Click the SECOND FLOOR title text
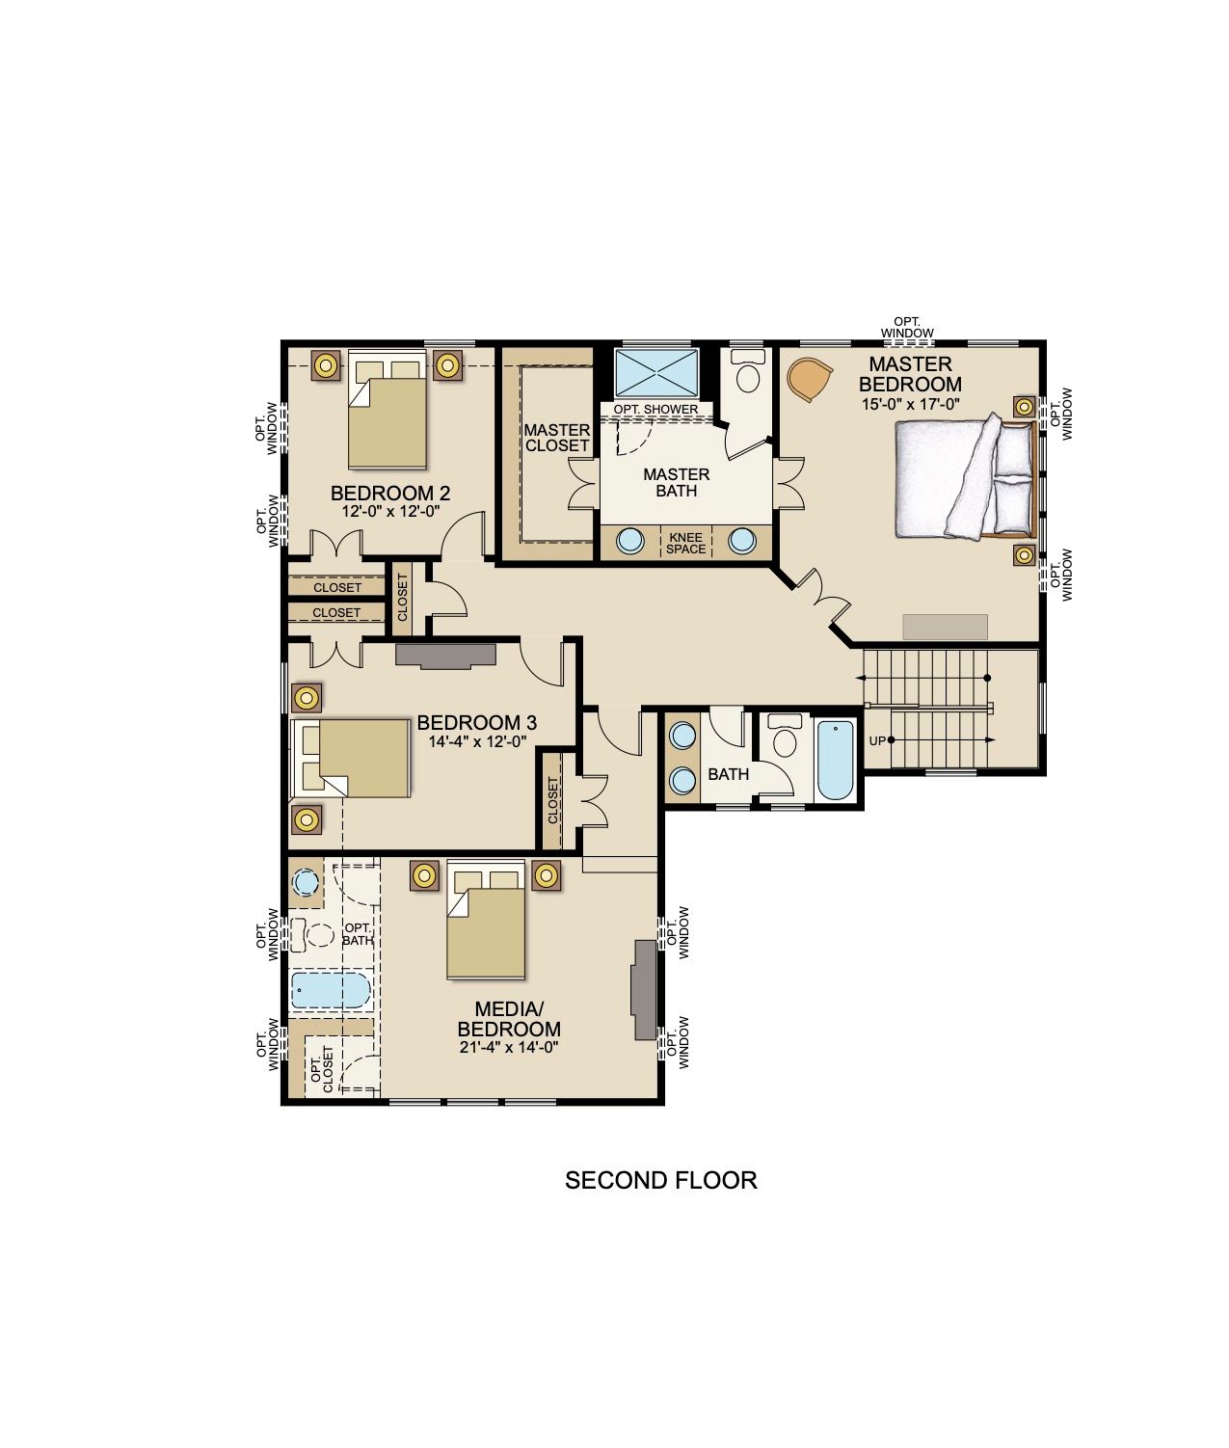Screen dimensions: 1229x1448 (x=660, y=1180)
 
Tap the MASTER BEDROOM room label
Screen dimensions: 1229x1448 (x=910, y=374)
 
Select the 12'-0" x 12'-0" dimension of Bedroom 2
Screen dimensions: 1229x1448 (x=390, y=511)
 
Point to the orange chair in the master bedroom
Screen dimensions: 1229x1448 (x=810, y=379)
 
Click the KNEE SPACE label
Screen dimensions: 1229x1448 (x=685, y=544)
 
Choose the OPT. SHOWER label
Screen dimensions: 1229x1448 (x=655, y=409)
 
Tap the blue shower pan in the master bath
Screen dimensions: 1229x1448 (x=656, y=372)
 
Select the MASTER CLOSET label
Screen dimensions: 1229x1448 (x=557, y=438)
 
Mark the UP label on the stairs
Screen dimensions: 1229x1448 (x=877, y=740)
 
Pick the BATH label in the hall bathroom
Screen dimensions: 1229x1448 (x=729, y=774)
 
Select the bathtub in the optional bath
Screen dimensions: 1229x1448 (x=331, y=990)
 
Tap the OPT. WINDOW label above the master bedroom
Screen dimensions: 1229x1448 (x=907, y=327)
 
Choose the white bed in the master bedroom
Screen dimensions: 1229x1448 (x=965, y=477)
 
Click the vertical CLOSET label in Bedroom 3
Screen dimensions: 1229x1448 (x=553, y=801)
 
